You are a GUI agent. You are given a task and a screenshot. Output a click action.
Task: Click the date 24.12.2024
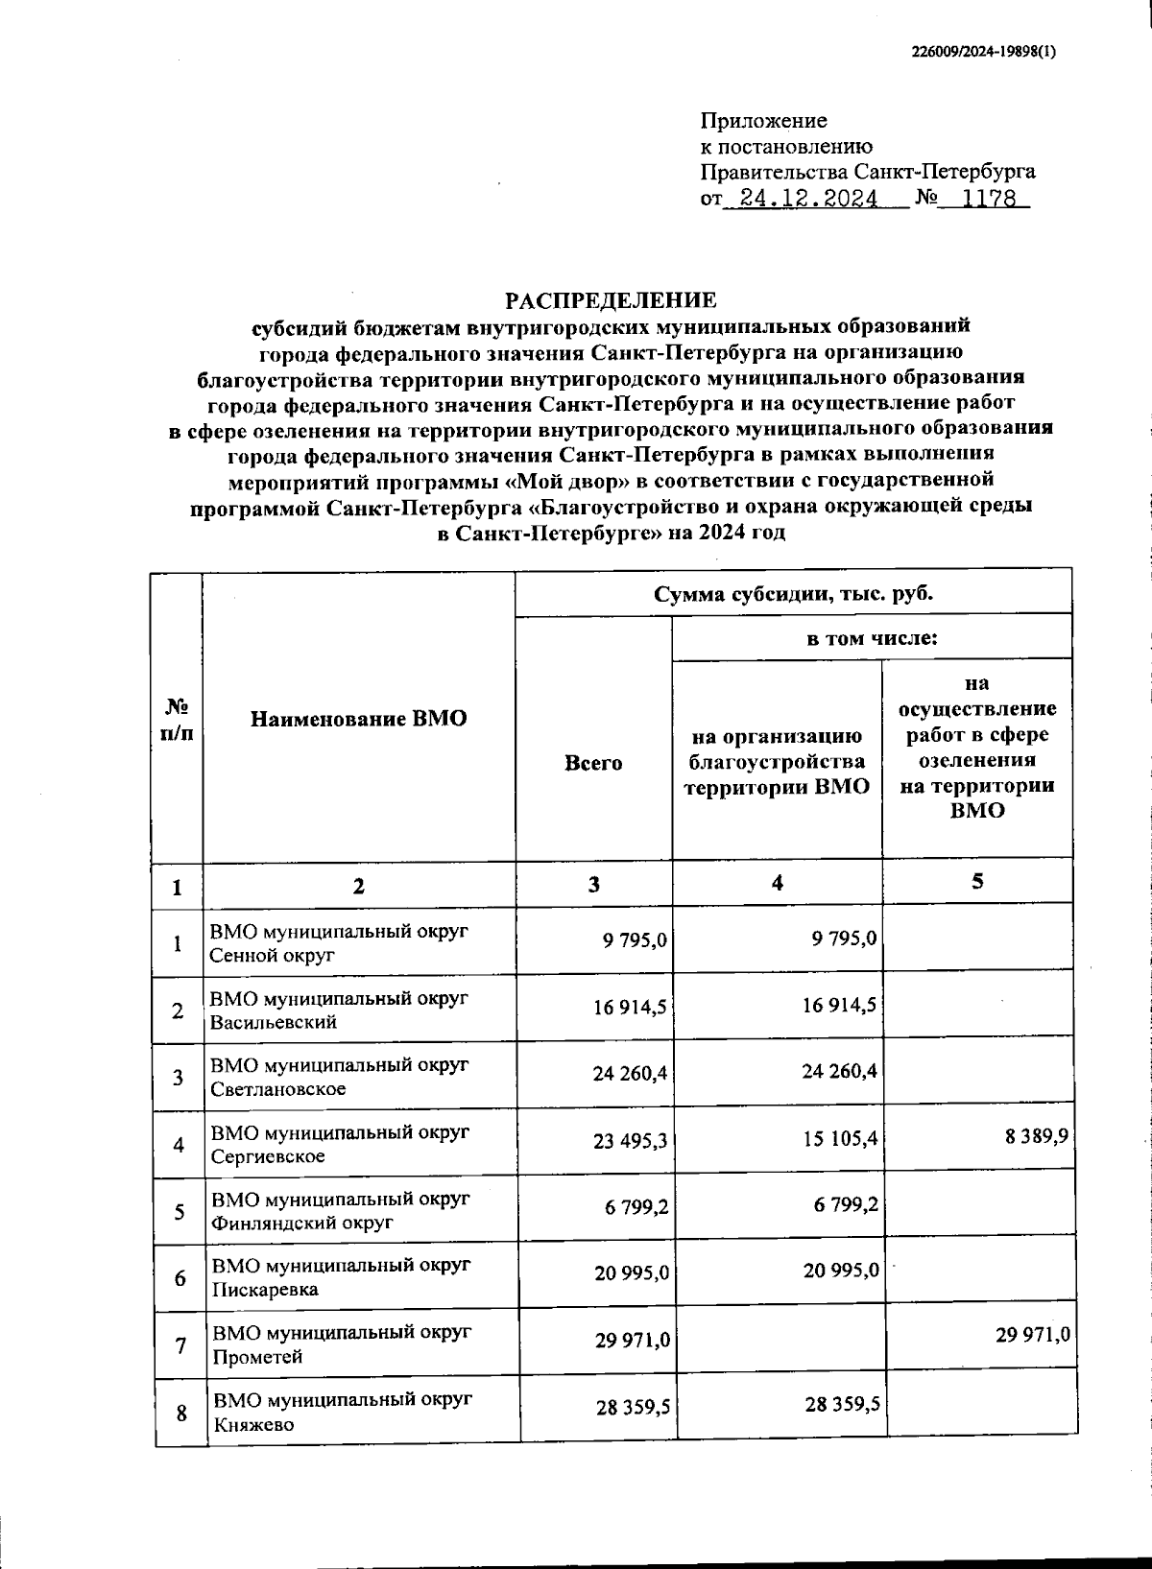tap(802, 199)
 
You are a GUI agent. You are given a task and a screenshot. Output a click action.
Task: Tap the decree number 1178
tap(990, 199)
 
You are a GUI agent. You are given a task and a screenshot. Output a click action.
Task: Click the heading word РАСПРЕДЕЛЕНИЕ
tap(612, 300)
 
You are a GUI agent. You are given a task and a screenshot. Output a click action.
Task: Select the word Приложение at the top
tap(764, 121)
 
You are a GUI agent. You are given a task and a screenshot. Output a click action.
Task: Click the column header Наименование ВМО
tap(358, 719)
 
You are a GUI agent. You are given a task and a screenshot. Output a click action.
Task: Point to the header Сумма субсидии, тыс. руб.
tap(793, 594)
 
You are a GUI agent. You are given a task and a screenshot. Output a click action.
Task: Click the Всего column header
tap(593, 763)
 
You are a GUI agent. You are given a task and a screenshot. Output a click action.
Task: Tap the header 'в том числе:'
tap(871, 638)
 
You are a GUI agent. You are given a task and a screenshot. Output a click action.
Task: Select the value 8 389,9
tap(1037, 1137)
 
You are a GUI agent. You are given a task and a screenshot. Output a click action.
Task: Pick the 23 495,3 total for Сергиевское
tap(631, 1139)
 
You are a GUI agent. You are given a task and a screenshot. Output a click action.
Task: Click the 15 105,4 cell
tap(840, 1139)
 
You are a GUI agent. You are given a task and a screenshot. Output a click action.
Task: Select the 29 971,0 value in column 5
tap(1033, 1335)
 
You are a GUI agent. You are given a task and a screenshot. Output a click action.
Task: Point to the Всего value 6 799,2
tap(636, 1205)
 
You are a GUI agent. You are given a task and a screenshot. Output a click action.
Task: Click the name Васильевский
tap(274, 1022)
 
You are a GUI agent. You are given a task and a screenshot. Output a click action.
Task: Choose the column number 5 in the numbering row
tap(976, 882)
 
